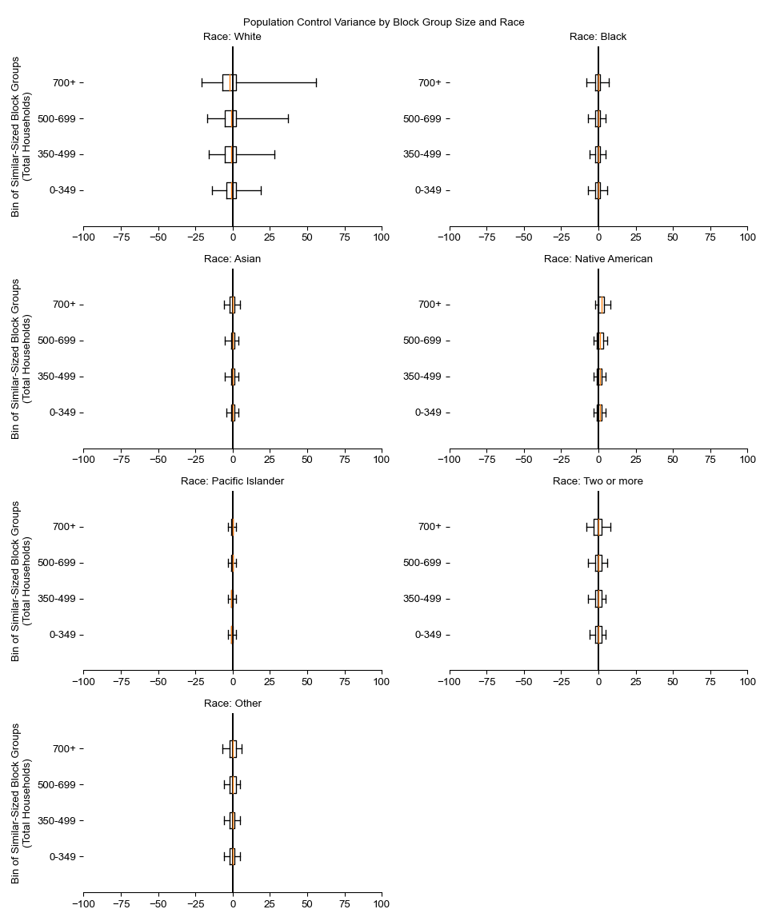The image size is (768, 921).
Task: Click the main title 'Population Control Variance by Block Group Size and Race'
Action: pyautogui.click(x=384, y=22)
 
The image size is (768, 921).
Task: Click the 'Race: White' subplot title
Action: pyautogui.click(x=232, y=37)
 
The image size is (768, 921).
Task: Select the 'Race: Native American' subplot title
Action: pyautogui.click(x=598, y=259)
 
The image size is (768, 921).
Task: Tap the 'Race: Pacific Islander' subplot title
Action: pyautogui.click(x=232, y=481)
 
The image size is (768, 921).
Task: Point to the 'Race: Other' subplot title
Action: pyautogui.click(x=232, y=704)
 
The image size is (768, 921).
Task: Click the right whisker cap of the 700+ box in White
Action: pyautogui.click(x=316, y=82)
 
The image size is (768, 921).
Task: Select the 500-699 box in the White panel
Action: pyautogui.click(x=230, y=118)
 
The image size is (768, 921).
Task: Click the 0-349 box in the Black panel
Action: pyautogui.click(x=598, y=190)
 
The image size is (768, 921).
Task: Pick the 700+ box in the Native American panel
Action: pyautogui.click(x=602, y=305)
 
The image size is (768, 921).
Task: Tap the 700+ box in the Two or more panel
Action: pyautogui.click(x=598, y=527)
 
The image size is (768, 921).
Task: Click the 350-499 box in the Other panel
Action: pyautogui.click(x=232, y=820)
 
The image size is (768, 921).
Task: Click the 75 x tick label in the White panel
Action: pyautogui.click(x=345, y=237)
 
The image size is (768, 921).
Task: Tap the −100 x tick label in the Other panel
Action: pyautogui.click(x=83, y=903)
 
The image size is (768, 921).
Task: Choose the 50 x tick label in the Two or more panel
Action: pyautogui.click(x=673, y=681)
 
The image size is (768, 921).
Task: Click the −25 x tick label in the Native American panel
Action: pyautogui.click(x=562, y=459)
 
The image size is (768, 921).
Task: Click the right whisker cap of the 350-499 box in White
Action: pyautogui.click(x=274, y=154)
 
